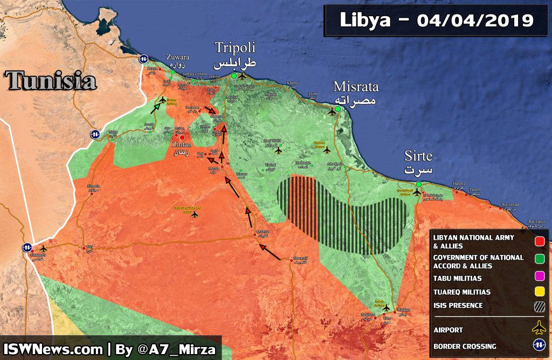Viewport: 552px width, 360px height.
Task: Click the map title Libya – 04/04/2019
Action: pyautogui.click(x=437, y=20)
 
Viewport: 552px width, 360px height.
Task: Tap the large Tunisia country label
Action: pyautogui.click(x=51, y=81)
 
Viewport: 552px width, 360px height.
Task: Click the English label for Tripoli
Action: pyautogui.click(x=234, y=47)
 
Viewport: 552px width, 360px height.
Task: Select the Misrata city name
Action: pyautogui.click(x=356, y=87)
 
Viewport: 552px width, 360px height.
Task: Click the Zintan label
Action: pyautogui.click(x=181, y=145)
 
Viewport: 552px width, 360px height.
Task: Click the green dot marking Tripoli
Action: pyautogui.click(x=234, y=76)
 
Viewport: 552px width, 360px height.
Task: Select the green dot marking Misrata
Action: pyautogui.click(x=337, y=109)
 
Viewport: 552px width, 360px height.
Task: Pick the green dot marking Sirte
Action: pyautogui.click(x=419, y=185)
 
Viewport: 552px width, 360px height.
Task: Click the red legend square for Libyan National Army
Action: pyautogui.click(x=539, y=241)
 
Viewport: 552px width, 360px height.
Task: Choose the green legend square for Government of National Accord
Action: pyautogui.click(x=539, y=261)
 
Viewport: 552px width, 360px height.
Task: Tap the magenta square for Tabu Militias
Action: pyautogui.click(x=539, y=279)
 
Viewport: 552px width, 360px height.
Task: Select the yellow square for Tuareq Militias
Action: pyautogui.click(x=539, y=292)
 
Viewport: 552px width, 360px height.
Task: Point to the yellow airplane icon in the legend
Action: pyautogui.click(x=539, y=328)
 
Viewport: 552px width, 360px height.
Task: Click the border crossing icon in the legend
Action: pyautogui.click(x=539, y=346)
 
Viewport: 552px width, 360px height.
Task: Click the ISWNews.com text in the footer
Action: pyautogui.click(x=53, y=349)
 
